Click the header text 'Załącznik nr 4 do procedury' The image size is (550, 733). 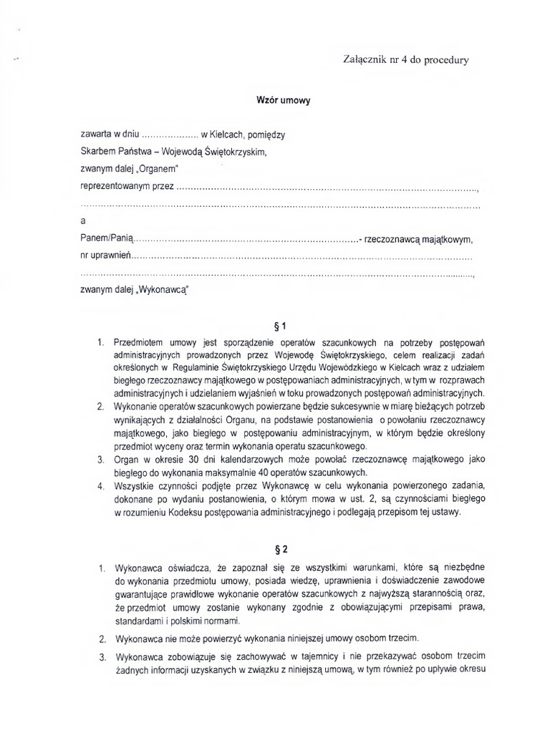point(406,60)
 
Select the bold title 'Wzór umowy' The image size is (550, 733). point(284,101)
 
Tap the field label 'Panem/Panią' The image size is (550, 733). point(107,238)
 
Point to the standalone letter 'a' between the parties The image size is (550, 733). point(83,221)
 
